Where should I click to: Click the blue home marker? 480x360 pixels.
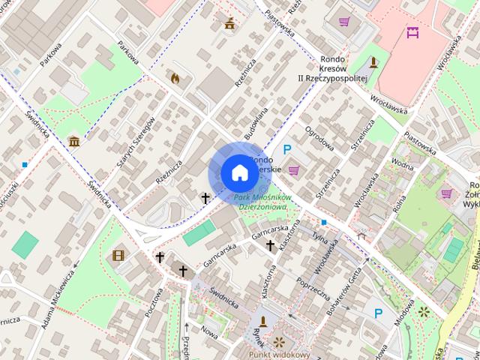(238, 172)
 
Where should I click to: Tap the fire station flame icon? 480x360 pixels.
(175, 77)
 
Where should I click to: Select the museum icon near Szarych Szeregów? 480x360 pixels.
(74, 141)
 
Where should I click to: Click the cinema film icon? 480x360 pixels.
(118, 256)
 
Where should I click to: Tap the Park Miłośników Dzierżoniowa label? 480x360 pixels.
(260, 202)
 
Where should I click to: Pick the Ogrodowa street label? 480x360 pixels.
(319, 138)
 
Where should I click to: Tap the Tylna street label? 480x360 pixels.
(322, 238)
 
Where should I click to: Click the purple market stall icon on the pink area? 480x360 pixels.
(412, 32)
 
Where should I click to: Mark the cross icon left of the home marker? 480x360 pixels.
(205, 198)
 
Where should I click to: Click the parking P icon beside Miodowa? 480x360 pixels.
(379, 313)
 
